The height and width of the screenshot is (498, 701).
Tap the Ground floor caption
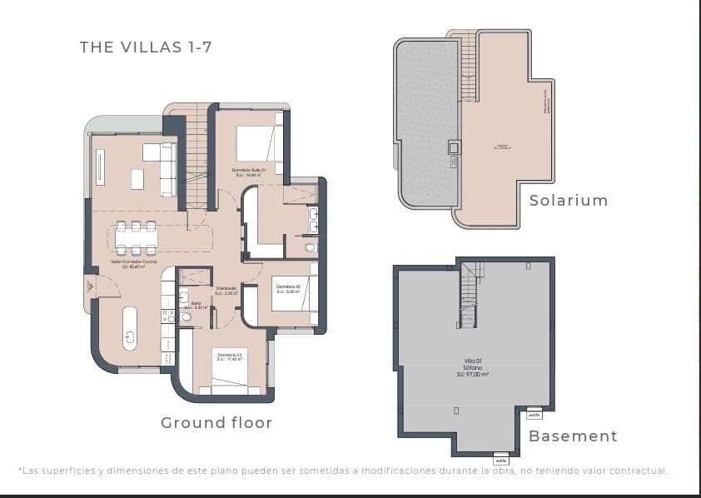216,423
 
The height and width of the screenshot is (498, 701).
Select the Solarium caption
569,201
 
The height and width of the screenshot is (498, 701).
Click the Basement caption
573,436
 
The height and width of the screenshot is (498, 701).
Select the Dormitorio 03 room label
229,356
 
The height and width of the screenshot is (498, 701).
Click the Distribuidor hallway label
226,291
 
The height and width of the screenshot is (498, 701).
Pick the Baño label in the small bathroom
196,305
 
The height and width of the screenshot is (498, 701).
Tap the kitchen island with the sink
130,328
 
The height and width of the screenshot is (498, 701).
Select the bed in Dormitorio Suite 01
259,143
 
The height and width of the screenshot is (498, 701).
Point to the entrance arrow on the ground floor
89,286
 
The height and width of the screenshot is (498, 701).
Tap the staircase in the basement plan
470,295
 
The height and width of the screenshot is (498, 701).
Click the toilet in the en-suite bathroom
311,247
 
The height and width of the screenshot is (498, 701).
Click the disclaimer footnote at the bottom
342,471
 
